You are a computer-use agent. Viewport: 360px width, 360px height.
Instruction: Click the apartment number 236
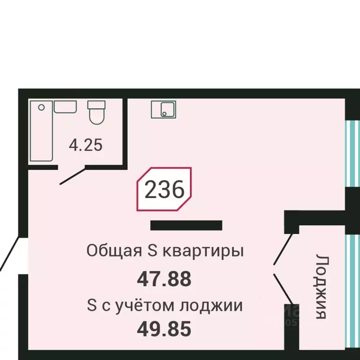point(164,190)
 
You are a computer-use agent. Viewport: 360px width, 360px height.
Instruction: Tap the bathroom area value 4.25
point(85,145)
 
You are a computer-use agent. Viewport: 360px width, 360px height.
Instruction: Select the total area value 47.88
point(164,279)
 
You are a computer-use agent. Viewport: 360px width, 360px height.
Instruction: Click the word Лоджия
point(321,287)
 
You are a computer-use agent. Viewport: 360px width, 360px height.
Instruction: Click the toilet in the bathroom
point(97,113)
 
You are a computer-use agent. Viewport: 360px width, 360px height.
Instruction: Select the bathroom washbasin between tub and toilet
point(65,106)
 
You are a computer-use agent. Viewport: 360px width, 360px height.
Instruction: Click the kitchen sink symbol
point(163,109)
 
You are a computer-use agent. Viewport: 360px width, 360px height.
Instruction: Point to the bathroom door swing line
point(72,175)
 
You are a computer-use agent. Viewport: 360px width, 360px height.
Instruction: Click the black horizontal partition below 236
point(186,225)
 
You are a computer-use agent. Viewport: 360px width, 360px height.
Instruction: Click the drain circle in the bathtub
point(42,107)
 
